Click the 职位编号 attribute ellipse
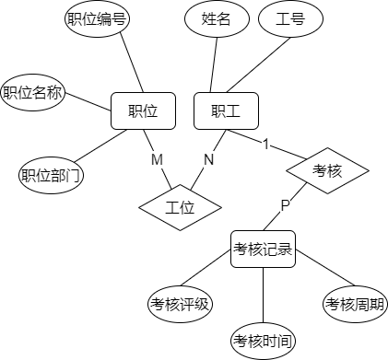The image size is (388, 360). click(x=96, y=18)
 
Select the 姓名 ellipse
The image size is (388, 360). click(x=216, y=18)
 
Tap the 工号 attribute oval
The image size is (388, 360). click(x=291, y=18)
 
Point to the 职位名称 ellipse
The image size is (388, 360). click(x=33, y=93)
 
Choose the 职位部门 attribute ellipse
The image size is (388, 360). click(x=52, y=174)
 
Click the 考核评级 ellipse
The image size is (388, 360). click(x=181, y=304)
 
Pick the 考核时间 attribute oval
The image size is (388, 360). click(x=264, y=341)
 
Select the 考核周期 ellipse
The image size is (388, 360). click(x=356, y=304)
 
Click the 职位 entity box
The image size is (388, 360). click(x=143, y=111)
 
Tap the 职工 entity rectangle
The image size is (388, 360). click(x=226, y=111)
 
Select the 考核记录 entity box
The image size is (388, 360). click(x=264, y=249)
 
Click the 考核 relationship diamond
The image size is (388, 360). click(x=327, y=170)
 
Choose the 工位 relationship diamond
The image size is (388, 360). click(x=181, y=207)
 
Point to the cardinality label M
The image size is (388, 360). click(x=157, y=160)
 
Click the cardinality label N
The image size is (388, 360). click(x=208, y=160)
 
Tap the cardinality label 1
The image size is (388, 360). click(x=265, y=145)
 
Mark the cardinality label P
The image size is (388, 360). click(x=285, y=204)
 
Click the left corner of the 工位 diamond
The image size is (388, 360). click(x=141, y=207)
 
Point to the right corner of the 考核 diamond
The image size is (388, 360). click(x=368, y=170)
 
